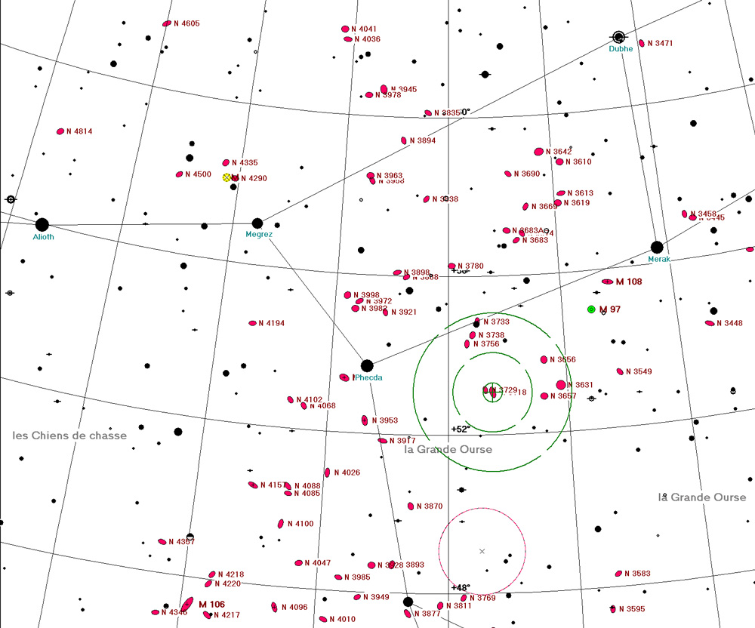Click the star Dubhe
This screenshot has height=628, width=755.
619,37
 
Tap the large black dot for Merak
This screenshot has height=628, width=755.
657,247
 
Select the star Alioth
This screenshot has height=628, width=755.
42,224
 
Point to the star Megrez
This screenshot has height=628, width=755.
257,223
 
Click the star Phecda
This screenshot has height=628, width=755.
367,366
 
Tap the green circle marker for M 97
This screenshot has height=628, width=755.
591,309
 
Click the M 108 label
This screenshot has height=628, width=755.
628,282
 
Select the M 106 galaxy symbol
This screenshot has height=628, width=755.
186,605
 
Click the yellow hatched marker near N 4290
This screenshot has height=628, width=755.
226,177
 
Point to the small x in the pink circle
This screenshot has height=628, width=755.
482,551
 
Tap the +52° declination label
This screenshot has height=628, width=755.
461,429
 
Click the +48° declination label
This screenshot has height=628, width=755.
461,587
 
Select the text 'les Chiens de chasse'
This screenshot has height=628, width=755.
69,436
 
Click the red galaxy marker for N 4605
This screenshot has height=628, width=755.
167,23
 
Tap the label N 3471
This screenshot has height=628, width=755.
660,44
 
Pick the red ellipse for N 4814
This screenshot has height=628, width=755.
60,131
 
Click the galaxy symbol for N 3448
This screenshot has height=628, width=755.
710,323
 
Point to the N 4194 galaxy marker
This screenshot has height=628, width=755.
253,323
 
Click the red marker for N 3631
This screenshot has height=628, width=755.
561,385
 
